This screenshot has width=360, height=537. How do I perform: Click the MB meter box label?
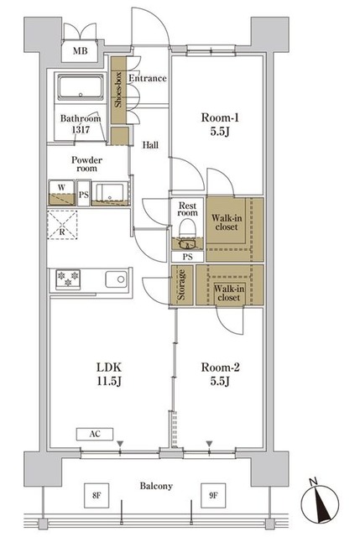tap(81, 51)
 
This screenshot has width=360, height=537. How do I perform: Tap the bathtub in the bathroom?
tap(81, 87)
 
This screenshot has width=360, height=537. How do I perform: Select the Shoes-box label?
tap(118, 90)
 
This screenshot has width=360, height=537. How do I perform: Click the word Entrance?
tap(148, 78)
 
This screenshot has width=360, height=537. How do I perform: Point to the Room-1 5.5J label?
tap(220, 124)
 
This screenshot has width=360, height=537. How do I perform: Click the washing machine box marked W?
tap(61, 193)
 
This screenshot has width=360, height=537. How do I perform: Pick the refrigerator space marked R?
tap(62, 225)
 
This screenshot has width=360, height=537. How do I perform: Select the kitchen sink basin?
tap(116, 279)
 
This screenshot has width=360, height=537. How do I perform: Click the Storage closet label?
tap(181, 285)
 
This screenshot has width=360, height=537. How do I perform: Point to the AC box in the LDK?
tap(95, 434)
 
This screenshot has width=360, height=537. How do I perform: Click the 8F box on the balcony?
tap(97, 495)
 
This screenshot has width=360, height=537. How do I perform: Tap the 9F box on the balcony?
tap(213, 495)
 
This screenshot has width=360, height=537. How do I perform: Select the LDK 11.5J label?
tap(109, 374)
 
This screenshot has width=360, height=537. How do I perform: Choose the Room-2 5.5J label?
tap(220, 374)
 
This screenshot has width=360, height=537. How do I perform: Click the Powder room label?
tap(86, 164)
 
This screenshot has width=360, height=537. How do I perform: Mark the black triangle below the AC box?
tap(120, 444)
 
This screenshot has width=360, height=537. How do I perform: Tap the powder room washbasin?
tap(110, 193)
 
